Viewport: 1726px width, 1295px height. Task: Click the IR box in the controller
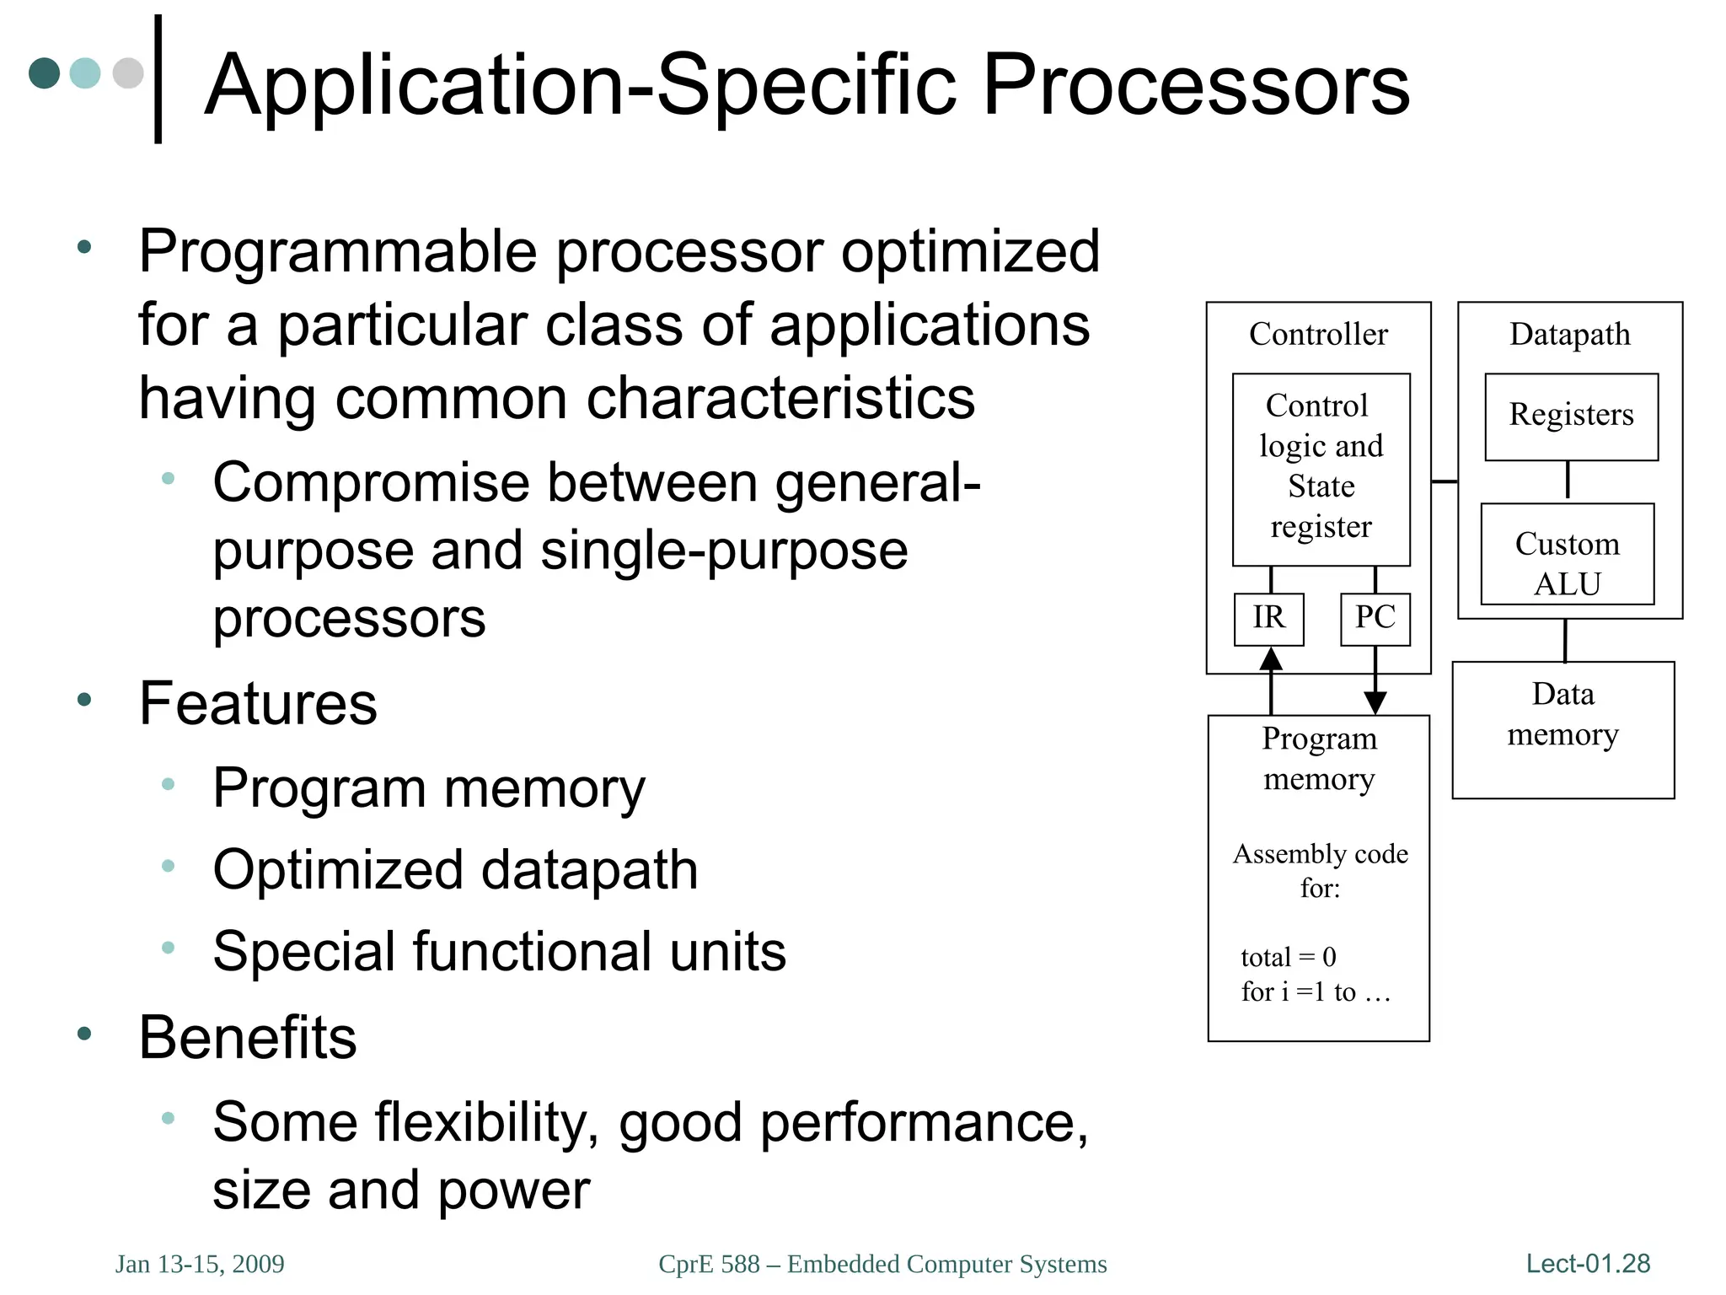(x=1268, y=619)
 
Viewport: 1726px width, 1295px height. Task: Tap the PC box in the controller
(x=1375, y=619)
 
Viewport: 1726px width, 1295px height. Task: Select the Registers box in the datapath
(x=1571, y=416)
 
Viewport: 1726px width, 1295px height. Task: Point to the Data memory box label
(x=1563, y=715)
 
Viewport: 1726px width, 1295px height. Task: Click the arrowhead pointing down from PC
(x=1375, y=701)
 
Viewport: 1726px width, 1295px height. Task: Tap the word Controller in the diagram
(x=1318, y=335)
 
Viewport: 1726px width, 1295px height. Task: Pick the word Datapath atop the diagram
(x=1569, y=335)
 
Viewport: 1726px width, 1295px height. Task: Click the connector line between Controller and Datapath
(x=1445, y=481)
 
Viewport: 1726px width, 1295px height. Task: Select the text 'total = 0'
(x=1288, y=958)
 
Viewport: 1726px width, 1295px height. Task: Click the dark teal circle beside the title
(x=45, y=73)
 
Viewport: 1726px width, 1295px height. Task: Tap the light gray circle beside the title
(x=128, y=73)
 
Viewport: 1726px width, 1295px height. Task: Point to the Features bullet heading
(x=258, y=704)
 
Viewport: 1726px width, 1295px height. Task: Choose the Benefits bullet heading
(x=248, y=1038)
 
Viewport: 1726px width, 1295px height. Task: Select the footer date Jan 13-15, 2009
(x=200, y=1264)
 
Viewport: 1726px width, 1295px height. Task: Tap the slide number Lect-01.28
(x=1588, y=1264)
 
